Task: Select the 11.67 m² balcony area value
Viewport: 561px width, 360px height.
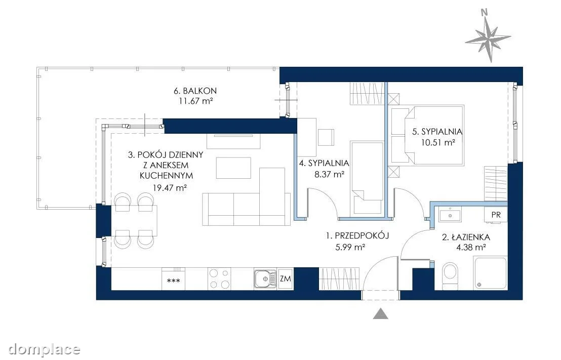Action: (196, 101)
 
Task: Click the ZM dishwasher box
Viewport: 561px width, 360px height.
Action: (285, 278)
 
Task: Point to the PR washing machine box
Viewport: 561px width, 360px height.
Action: (496, 215)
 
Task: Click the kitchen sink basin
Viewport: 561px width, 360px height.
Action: (265, 279)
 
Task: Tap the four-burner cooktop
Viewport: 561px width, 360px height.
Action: (219, 279)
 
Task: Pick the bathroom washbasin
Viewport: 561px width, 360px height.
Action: (450, 215)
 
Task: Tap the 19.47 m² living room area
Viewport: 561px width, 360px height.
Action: (170, 187)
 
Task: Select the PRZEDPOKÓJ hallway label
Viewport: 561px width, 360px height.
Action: (357, 236)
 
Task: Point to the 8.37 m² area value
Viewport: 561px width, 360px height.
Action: (329, 175)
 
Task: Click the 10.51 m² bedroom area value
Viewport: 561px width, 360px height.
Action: (438, 142)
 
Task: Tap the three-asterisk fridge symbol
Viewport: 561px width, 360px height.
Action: (174, 281)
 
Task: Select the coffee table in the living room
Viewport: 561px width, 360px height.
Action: (233, 168)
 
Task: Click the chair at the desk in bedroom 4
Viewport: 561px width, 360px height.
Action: (326, 137)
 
